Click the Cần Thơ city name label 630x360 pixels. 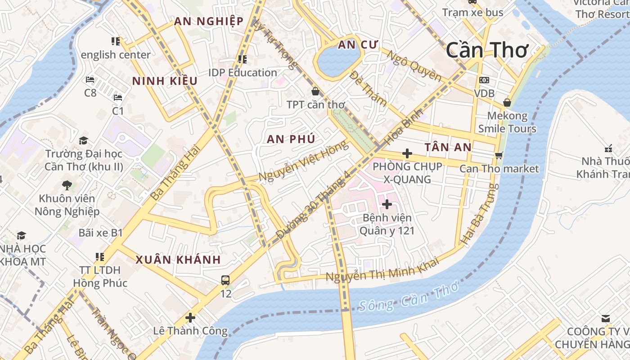[486, 50]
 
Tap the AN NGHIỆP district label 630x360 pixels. [209, 21]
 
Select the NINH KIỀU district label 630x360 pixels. [165, 81]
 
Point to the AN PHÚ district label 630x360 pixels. [291, 139]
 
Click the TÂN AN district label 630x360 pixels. [448, 147]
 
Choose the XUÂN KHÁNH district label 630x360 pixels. [178, 260]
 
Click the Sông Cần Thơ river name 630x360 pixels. [408, 297]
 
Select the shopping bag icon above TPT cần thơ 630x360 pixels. [316, 91]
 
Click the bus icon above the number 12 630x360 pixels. [225, 280]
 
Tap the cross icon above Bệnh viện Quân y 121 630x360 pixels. [387, 205]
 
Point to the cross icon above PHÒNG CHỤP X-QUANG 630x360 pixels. [407, 153]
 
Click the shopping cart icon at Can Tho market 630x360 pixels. [499, 156]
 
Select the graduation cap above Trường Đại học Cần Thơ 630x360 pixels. [83, 141]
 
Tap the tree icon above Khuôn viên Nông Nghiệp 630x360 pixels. [67, 185]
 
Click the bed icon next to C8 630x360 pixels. [90, 80]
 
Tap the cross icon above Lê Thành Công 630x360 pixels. [190, 318]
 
